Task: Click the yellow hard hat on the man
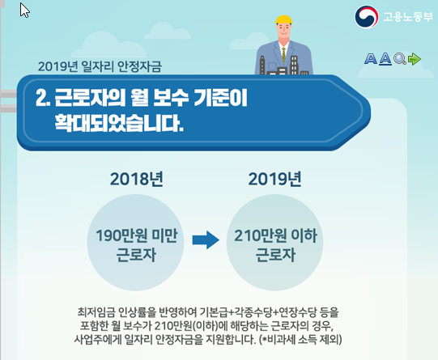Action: click(x=283, y=19)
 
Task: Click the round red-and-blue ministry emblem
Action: click(x=367, y=17)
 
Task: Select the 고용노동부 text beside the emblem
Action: click(x=407, y=17)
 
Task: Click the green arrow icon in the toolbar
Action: click(x=415, y=59)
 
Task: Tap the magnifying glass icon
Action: click(x=400, y=59)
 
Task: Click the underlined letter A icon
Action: click(x=385, y=59)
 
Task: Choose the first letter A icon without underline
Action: click(x=371, y=59)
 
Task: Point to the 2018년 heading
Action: click(x=137, y=179)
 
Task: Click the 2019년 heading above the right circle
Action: click(x=275, y=179)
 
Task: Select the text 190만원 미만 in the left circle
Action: click(x=137, y=235)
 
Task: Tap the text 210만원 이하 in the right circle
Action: click(x=275, y=235)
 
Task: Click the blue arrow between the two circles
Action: click(x=206, y=239)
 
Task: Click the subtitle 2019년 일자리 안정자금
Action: click(x=100, y=66)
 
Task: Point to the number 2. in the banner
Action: click(x=43, y=98)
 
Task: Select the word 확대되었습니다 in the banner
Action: click(x=119, y=123)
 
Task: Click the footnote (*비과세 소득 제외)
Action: click(x=300, y=340)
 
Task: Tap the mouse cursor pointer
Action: click(x=24, y=11)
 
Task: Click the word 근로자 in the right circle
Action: click(x=275, y=255)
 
